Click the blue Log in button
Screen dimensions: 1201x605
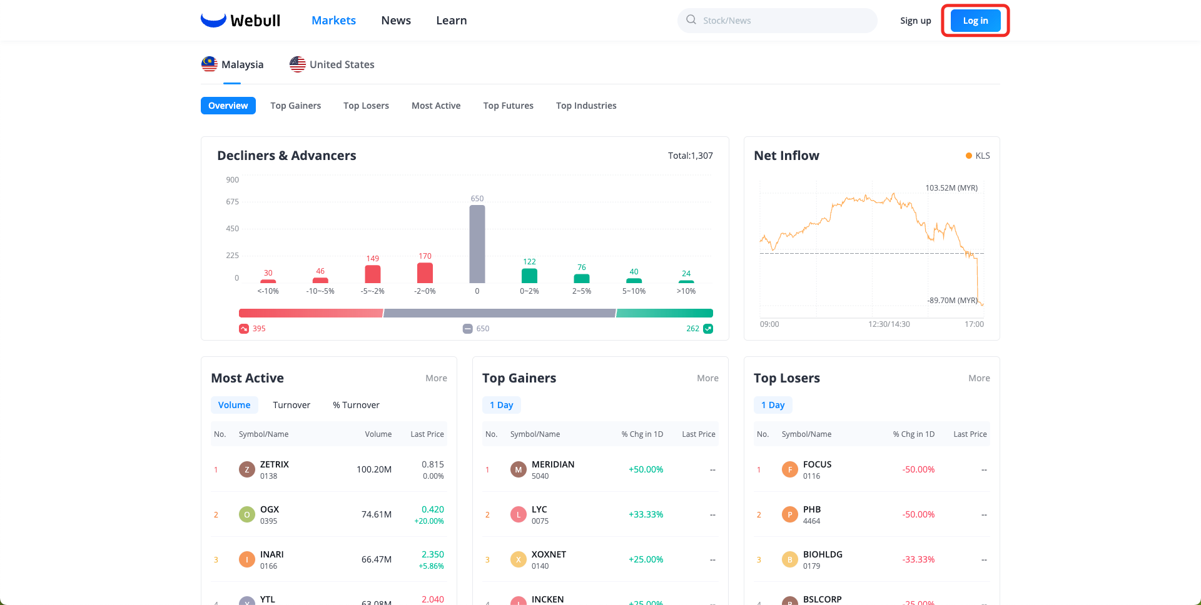975,21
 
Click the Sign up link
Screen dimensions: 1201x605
915,21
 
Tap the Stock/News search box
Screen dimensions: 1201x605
777,21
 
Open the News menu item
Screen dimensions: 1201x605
396,21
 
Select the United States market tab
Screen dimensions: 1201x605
332,64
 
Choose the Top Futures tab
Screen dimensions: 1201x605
508,106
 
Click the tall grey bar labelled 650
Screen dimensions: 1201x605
477,244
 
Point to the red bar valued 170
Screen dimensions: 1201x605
425,273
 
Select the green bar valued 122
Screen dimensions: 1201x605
529,276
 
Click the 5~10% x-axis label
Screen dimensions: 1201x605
634,291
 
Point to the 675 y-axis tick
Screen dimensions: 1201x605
232,202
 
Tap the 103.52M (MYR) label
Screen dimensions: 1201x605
951,188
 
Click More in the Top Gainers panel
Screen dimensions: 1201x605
707,378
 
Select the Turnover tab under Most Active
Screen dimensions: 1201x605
291,405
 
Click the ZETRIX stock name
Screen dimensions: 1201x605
275,464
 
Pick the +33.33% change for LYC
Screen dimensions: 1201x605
646,514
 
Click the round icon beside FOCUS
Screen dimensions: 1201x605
790,469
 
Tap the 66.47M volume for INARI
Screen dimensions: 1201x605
377,559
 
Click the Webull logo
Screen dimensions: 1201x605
241,21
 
